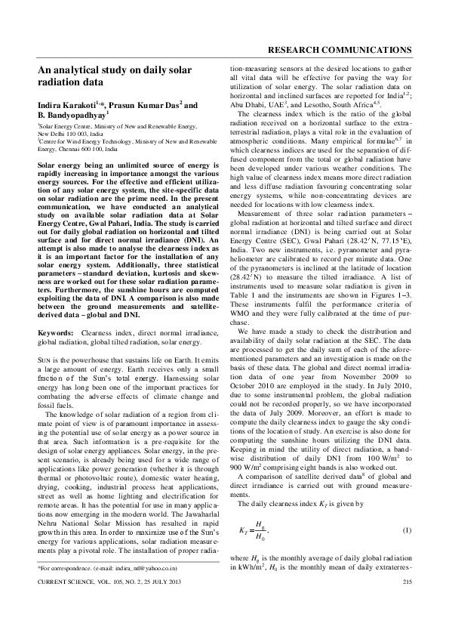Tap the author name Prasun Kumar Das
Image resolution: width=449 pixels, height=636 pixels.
[134, 103]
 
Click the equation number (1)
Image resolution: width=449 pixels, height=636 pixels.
[406, 533]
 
